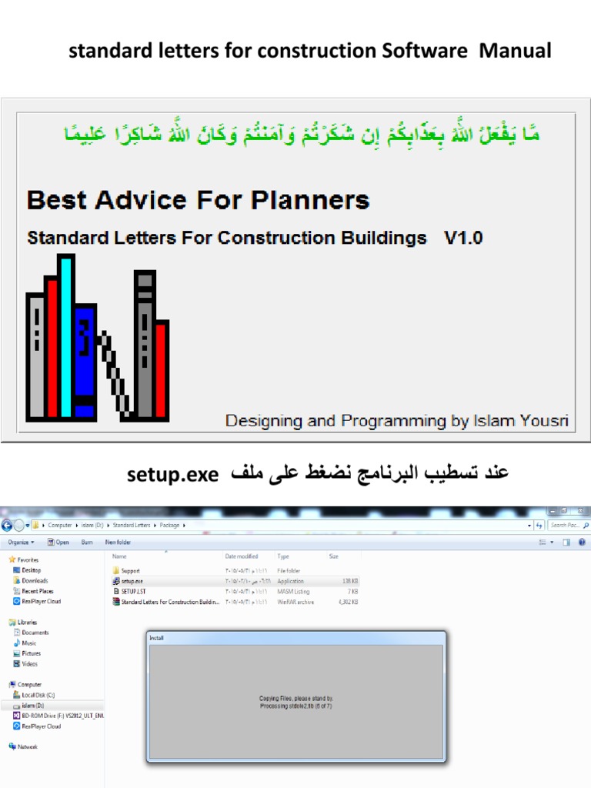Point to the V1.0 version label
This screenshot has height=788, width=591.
click(463, 238)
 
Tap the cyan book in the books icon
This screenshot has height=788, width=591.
click(66, 335)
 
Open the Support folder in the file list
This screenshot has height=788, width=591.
click(132, 570)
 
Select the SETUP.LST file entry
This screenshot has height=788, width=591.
click(133, 591)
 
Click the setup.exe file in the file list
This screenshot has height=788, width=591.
click(132, 581)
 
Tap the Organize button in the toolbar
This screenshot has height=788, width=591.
click(21, 542)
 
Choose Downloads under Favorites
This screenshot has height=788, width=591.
click(35, 580)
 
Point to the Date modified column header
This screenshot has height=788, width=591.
click(242, 556)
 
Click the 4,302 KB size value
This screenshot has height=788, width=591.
click(347, 602)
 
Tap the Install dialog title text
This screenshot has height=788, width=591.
click(156, 638)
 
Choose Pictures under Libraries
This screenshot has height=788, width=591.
click(32, 653)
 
